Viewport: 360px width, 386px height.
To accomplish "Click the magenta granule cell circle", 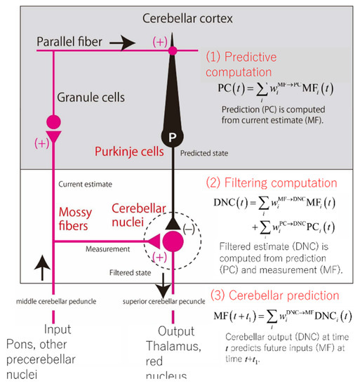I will pyautogui.click(x=53, y=121).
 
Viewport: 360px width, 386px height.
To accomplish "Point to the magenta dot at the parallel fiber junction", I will pyautogui.click(x=169, y=51).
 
